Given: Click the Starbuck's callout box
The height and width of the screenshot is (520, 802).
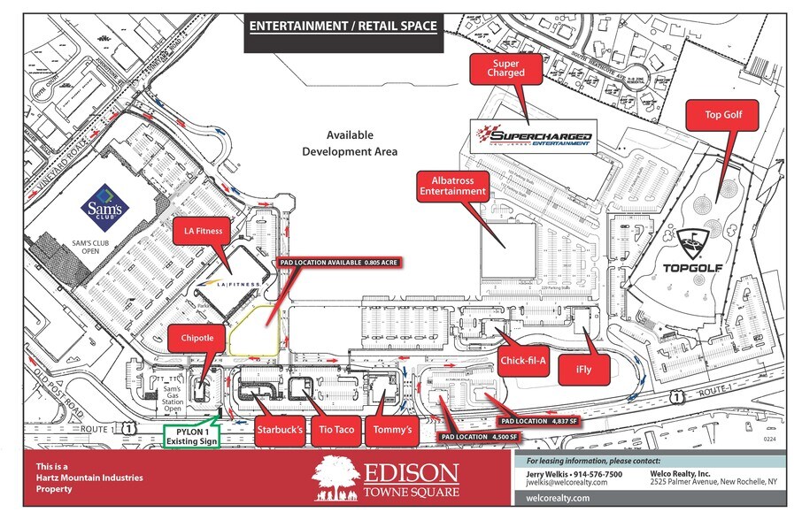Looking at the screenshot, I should tap(280, 430).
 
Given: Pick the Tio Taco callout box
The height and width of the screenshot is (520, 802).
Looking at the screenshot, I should tap(337, 430).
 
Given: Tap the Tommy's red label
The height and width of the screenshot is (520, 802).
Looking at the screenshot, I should tap(393, 430).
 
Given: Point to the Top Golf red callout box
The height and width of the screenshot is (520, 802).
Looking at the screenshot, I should tap(725, 115).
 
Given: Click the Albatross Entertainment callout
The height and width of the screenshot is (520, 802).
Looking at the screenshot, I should tap(452, 186).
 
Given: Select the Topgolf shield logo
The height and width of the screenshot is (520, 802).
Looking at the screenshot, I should tap(690, 241).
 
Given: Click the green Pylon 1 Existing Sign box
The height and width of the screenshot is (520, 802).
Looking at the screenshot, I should tap(192, 435).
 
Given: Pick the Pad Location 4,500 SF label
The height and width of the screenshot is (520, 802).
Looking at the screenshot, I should tap(479, 436).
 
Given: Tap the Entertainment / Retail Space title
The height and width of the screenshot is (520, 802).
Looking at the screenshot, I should tap(343, 26).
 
